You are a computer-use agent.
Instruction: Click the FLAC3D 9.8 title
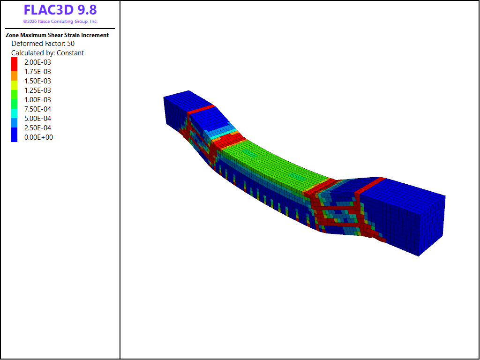click(x=60, y=10)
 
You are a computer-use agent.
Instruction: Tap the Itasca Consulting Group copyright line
click(x=60, y=22)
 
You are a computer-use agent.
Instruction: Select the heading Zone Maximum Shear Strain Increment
click(x=57, y=35)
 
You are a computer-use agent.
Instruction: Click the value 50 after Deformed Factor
click(x=71, y=44)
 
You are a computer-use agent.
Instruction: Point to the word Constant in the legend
click(x=70, y=53)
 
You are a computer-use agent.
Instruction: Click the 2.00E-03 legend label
click(x=37, y=62)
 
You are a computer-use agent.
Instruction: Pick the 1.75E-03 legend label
click(x=37, y=72)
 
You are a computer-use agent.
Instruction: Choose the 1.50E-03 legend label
click(x=37, y=81)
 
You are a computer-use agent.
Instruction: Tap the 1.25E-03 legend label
click(x=37, y=90)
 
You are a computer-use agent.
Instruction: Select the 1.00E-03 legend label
click(x=37, y=100)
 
